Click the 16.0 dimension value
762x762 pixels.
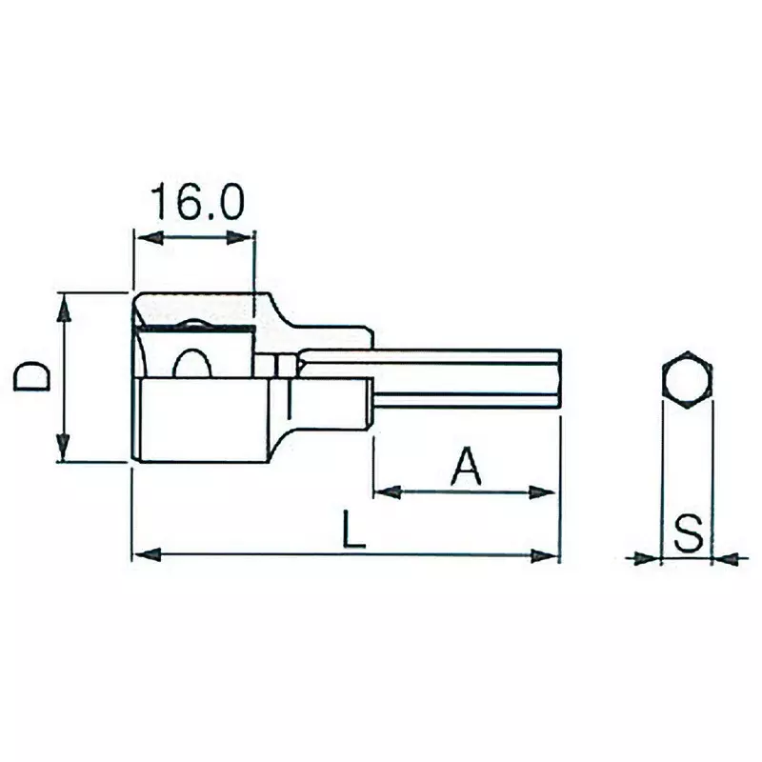(x=197, y=203)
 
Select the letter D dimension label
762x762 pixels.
(x=34, y=378)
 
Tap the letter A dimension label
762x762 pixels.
(x=464, y=466)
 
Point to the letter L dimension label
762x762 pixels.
(x=353, y=530)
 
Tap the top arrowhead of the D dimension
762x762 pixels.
(x=64, y=305)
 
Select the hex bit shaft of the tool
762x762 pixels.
(x=457, y=381)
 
